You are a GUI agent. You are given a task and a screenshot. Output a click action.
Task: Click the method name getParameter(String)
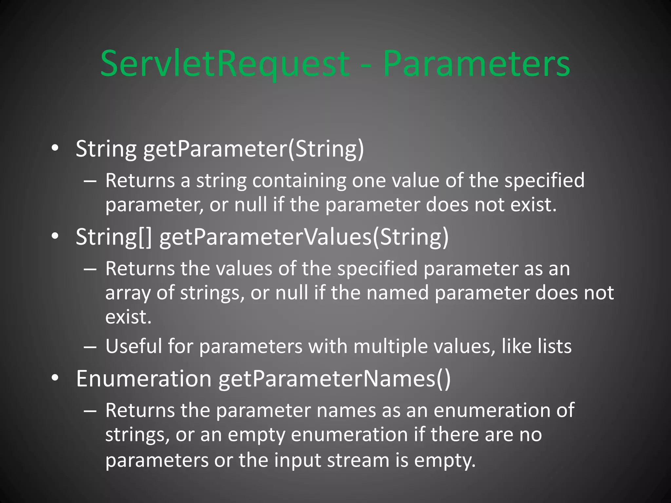pyautogui.click(x=254, y=149)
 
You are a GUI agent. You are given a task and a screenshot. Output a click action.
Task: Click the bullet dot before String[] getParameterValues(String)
pyautogui.click(x=55, y=236)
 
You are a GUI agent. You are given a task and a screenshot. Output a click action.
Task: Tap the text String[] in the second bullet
pyautogui.click(x=114, y=237)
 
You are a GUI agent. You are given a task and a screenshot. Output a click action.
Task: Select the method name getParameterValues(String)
pyautogui.click(x=304, y=237)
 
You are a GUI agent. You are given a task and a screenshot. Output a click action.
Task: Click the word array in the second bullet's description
pyautogui.click(x=128, y=293)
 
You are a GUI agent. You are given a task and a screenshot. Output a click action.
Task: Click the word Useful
pyautogui.click(x=134, y=346)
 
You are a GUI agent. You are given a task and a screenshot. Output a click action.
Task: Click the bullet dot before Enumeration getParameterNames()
pyautogui.click(x=55, y=378)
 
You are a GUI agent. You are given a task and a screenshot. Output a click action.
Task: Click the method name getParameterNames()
pyautogui.click(x=335, y=379)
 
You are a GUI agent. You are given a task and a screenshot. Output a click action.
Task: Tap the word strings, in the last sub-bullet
pyautogui.click(x=137, y=436)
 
